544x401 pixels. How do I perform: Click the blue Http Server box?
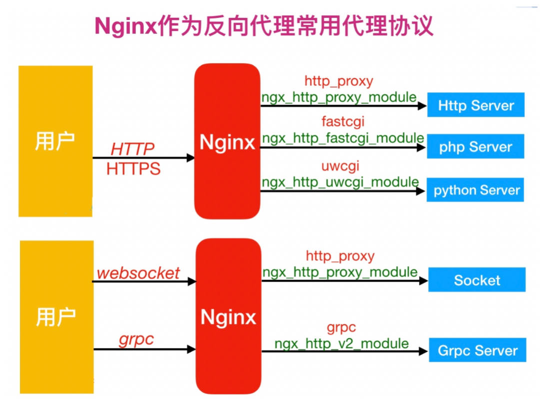pos(476,105)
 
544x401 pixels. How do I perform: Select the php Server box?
pos(476,147)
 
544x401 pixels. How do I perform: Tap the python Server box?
pos(475,190)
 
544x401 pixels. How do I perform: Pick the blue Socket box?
pos(477,280)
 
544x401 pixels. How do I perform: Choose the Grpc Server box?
pos(478,351)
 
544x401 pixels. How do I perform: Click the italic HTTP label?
pos(132,149)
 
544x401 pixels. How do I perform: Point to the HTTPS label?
pos(133,169)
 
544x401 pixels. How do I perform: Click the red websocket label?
pos(138,273)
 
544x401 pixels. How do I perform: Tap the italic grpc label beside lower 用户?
pos(136,340)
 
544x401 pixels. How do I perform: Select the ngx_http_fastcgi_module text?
pos(343,138)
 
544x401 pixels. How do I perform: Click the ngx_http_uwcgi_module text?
pos(340,182)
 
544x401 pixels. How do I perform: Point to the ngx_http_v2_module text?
pos(342,344)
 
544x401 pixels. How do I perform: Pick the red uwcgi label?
pos(340,165)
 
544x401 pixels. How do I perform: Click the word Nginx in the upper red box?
pos(227,143)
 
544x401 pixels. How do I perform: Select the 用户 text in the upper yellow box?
pos(55,142)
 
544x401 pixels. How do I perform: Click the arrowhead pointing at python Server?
pos(421,191)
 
